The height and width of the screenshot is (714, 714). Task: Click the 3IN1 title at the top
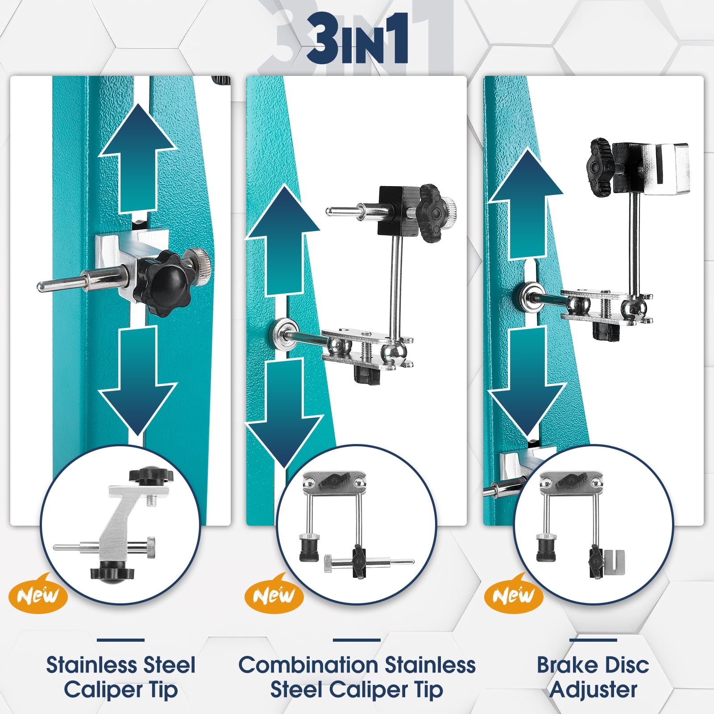tap(357, 39)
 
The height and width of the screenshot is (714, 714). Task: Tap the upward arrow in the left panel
tap(137, 158)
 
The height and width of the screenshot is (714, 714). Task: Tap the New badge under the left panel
tap(38, 594)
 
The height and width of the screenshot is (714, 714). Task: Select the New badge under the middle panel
tap(274, 594)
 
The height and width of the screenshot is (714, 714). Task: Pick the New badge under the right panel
tap(514, 594)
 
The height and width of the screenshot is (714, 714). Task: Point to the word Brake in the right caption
tap(567, 665)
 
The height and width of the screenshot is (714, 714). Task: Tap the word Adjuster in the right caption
tap(593, 690)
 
